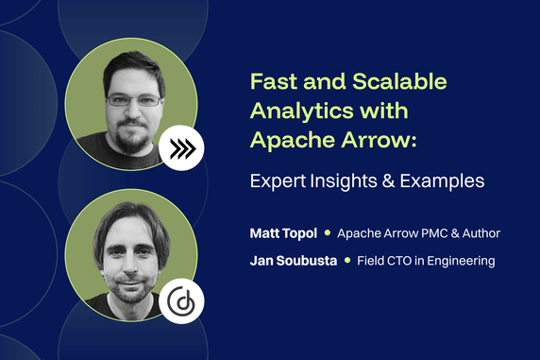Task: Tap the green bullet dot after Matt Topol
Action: pos(328,232)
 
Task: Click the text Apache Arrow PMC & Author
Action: pos(418,232)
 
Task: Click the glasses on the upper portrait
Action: pos(133,98)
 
